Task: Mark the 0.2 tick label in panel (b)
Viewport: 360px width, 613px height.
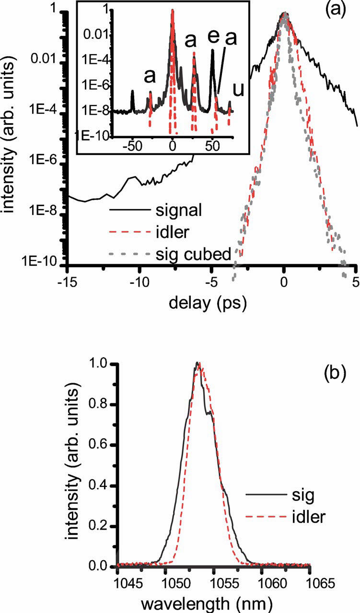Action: click(x=103, y=526)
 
